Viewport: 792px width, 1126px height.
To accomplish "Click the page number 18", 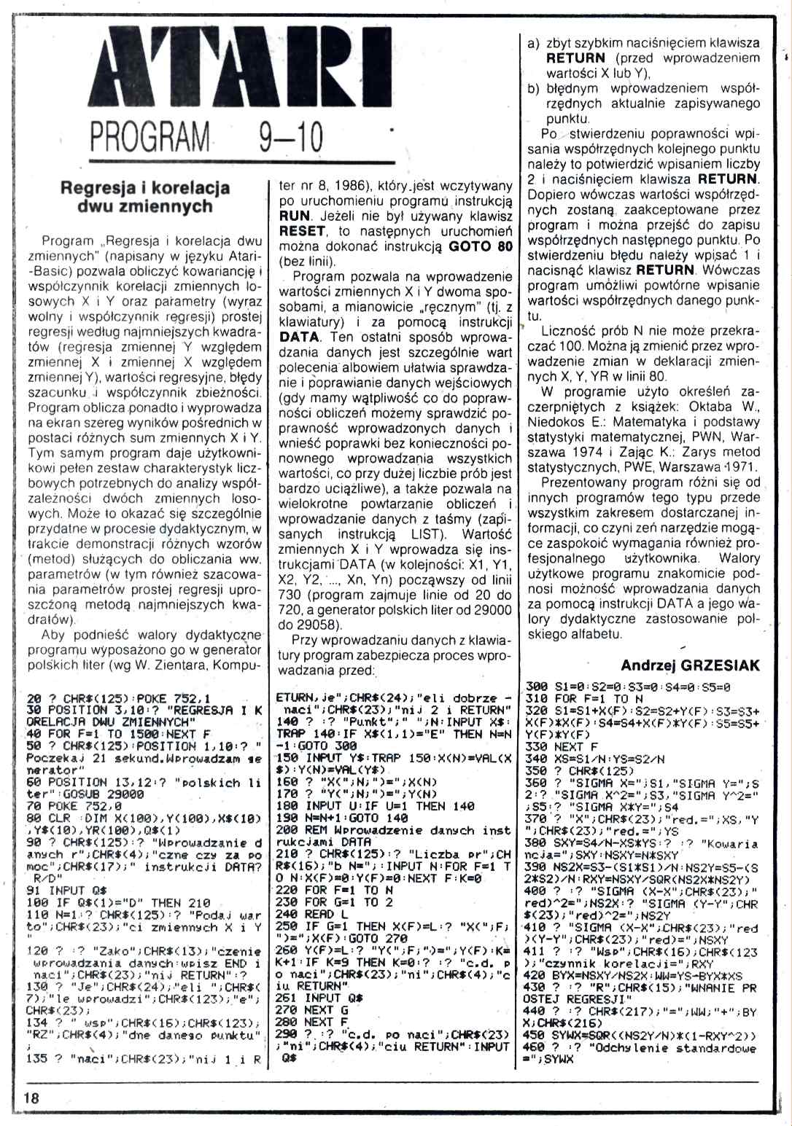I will (x=31, y=1098).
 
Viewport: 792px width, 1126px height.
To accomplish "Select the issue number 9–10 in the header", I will (x=290, y=138).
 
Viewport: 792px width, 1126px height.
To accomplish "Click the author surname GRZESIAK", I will (x=722, y=665).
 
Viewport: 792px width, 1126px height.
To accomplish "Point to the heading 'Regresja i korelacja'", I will (x=144, y=187).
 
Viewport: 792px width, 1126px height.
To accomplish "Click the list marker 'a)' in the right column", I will (x=533, y=44).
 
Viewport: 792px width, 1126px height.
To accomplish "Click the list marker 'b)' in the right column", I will (x=533, y=89).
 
